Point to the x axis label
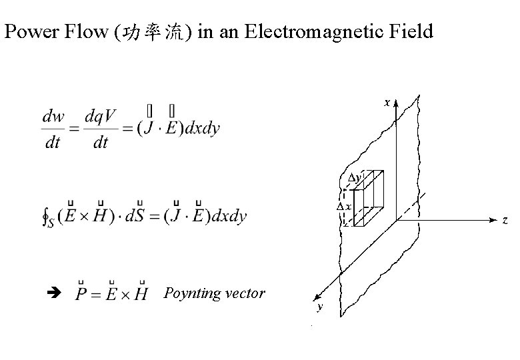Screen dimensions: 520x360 coord(386,103)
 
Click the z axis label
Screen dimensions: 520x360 coord(505,219)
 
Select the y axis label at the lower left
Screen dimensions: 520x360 coord(320,307)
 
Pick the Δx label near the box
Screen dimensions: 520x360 coord(344,206)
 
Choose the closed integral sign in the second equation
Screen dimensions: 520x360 coord(45,216)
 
